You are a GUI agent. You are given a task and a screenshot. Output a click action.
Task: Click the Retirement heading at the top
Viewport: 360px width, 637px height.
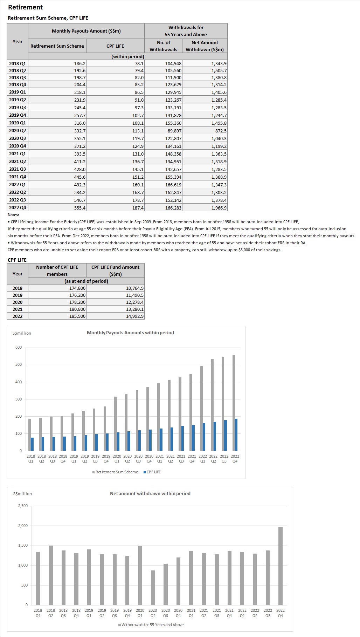25,7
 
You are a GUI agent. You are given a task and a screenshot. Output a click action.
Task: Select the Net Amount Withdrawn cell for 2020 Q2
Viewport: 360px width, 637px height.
205,131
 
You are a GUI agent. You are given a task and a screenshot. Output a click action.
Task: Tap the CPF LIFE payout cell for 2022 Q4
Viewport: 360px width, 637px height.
115,208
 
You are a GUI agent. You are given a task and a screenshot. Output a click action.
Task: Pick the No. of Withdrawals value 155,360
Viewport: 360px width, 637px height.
163,123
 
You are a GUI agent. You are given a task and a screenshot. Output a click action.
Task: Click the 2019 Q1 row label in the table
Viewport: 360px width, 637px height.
18,92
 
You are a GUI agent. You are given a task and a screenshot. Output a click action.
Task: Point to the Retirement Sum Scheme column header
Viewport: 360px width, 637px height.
57,46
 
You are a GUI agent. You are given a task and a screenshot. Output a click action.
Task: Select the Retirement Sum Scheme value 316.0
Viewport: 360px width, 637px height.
57,123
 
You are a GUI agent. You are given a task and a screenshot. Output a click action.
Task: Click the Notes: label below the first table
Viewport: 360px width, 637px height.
13,215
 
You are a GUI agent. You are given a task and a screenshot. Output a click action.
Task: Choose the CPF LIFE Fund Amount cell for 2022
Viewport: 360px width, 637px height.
115,316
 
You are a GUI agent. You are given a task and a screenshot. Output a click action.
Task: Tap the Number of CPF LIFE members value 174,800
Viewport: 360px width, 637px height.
57,288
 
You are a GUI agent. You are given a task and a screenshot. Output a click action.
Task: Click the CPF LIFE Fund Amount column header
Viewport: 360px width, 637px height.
115,270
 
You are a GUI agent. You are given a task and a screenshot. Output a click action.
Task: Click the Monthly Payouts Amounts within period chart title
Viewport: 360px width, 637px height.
130,333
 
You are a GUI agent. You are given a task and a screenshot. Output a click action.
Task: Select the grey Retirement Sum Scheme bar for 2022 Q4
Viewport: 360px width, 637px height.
234,403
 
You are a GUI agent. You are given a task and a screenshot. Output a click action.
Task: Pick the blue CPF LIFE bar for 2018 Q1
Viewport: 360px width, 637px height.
32,444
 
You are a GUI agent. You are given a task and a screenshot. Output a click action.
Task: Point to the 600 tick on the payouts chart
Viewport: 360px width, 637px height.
18,348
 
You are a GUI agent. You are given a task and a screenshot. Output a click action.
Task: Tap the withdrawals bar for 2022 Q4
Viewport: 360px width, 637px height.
280,566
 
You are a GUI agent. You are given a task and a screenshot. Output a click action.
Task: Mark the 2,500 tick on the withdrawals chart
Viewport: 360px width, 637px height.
23,506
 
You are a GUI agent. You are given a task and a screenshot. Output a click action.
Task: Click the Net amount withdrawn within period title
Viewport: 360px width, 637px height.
150,493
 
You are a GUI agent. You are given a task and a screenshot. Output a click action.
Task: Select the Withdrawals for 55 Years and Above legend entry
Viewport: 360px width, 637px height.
151,625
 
